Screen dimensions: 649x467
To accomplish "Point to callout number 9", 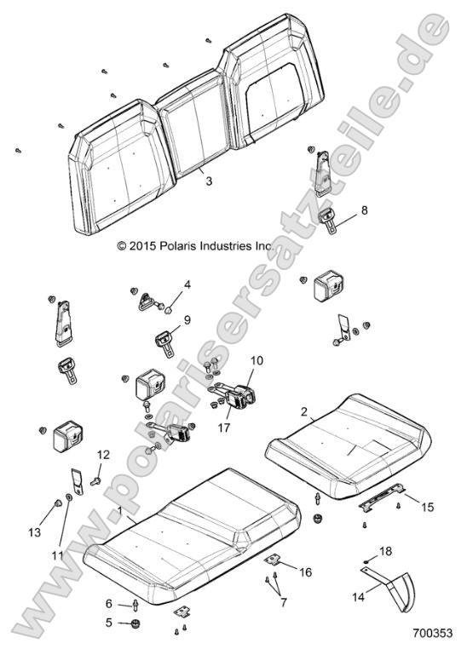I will tap(187, 320).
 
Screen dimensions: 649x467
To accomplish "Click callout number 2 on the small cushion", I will tap(305, 411).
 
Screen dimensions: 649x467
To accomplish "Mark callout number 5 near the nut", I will tap(108, 623).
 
